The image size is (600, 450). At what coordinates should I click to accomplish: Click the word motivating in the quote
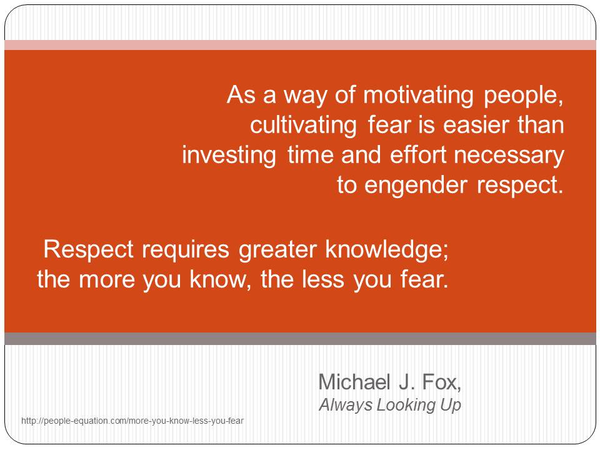[x=418, y=95]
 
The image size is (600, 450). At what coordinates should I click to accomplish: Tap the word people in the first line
[x=524, y=96]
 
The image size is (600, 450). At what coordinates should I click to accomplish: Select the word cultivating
[x=304, y=126]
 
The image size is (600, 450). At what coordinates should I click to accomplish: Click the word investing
[x=229, y=156]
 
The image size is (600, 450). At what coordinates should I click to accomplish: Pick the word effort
[x=418, y=155]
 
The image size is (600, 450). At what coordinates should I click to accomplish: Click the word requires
[x=185, y=250]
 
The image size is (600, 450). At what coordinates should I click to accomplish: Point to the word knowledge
[x=387, y=250]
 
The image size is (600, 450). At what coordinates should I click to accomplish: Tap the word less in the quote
[x=323, y=279]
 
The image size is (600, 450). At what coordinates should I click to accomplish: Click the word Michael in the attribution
[x=354, y=382]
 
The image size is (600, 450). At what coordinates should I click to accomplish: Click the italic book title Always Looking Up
[x=390, y=405]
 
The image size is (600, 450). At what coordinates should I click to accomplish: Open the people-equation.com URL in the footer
[x=132, y=421]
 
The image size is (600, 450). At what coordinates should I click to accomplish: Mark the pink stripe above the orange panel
[x=300, y=45]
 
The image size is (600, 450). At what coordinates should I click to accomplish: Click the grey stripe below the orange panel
[x=300, y=339]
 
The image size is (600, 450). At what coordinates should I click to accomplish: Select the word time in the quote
[x=311, y=155]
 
